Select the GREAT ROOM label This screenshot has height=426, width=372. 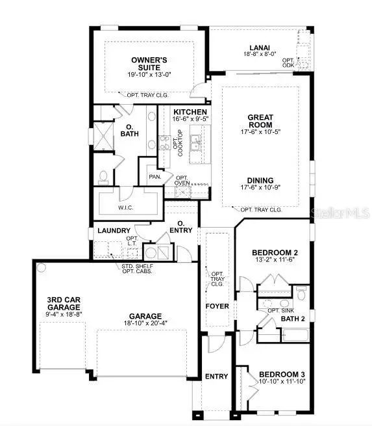(260, 121)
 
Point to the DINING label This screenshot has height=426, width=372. (260, 180)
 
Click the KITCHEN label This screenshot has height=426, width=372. (190, 113)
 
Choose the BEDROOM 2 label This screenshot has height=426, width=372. (275, 252)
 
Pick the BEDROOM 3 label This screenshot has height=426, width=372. (282, 375)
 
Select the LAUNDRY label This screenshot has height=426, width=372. (114, 231)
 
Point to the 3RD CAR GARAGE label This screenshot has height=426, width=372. (64, 303)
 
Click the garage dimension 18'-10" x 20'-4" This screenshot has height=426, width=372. (146, 321)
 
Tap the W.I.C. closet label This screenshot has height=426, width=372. (126, 208)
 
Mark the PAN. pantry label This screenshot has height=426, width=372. (155, 176)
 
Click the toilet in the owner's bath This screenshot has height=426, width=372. (103, 176)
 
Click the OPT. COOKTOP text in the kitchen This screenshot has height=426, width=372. (177, 144)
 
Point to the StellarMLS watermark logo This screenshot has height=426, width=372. (340, 213)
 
